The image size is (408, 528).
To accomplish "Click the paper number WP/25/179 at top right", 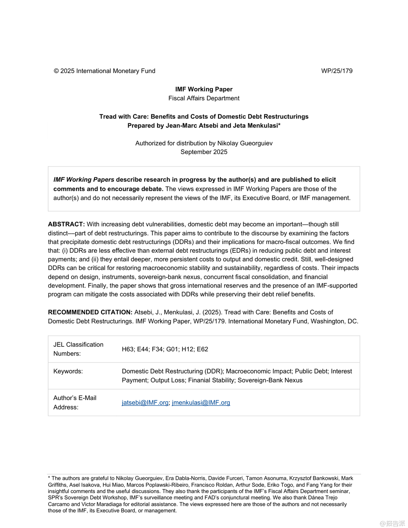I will pos(337,71).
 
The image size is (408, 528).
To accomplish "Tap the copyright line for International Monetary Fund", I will pos(105,71).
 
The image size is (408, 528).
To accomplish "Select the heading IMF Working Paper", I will pos(204,89).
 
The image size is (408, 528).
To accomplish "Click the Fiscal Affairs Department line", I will pos(204,98).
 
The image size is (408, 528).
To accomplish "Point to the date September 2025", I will pos(204,152).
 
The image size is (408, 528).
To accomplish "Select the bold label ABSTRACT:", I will pos(66,224).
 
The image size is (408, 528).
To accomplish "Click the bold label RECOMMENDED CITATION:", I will pos(90,312).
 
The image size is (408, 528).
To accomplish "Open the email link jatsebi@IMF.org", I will pos(145,402).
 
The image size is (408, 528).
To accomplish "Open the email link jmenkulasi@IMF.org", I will pos(201,402).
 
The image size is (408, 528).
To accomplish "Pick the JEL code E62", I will pos(202,349).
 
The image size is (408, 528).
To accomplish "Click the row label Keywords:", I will pos(68,371).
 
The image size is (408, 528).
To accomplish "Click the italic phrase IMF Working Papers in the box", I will pos(84,180).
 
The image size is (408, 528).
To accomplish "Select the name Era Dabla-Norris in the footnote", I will pos(185,478).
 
